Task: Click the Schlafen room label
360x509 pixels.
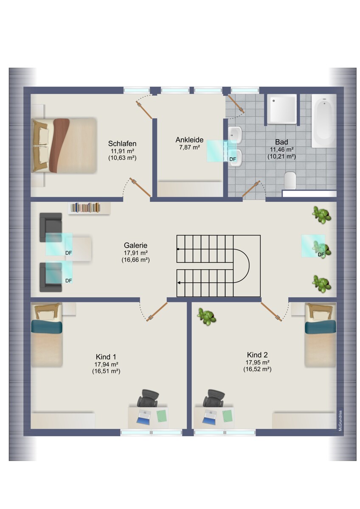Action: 122,143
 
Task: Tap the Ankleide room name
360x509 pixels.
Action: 189,140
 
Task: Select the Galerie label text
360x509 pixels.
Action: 135,245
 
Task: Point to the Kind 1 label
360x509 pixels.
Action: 106,357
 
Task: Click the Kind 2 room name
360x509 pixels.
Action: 257,355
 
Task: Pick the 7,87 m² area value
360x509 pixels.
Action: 189,147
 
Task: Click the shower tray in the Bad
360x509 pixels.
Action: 282,109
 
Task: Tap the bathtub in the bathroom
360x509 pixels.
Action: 324,121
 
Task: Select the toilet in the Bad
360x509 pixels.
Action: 290,180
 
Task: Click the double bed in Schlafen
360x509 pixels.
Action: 64,145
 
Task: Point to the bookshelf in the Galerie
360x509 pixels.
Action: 89,208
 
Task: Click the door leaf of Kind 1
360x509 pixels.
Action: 157,311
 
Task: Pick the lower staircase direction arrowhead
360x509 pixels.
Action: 179,282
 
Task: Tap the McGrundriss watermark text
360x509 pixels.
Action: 340,420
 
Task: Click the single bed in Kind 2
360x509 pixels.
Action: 320,335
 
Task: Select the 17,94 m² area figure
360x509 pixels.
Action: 106,364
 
